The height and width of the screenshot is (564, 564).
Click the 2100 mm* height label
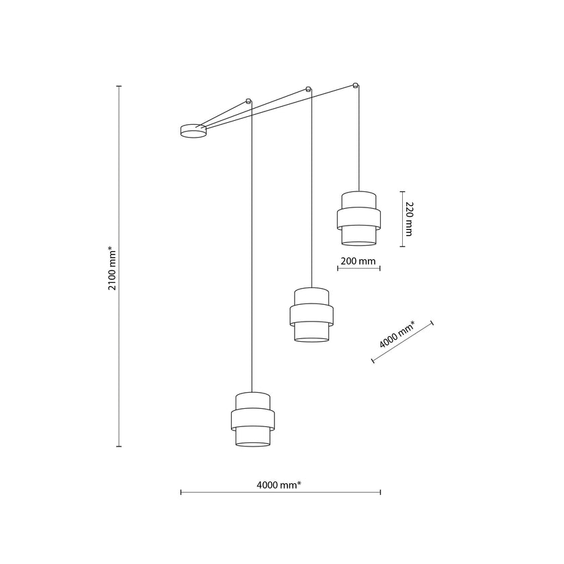112,268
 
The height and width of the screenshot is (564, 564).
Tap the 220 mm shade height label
409,219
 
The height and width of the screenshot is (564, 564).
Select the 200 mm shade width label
359,261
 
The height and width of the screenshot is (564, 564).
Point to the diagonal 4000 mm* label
397,334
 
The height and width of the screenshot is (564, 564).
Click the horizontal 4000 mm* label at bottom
279,485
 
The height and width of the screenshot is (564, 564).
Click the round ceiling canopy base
193,130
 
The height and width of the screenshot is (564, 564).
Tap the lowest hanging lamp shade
253,420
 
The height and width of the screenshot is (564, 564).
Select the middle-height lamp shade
312,315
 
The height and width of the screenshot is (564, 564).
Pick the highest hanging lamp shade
359,218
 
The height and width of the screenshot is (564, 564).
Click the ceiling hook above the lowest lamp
248,100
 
